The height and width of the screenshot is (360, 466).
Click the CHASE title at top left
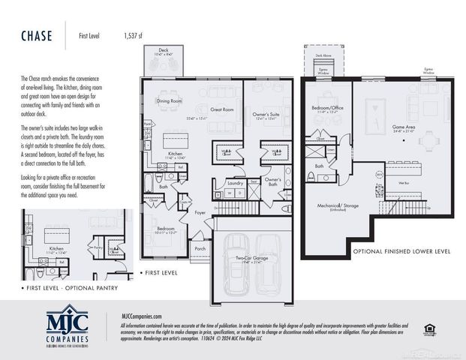pyautogui.click(x=35, y=34)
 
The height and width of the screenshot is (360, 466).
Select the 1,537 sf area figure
pyautogui.click(x=134, y=34)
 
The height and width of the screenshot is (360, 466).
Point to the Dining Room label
pyautogui.click(x=170, y=100)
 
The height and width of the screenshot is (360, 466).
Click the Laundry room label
pyautogui.click(x=234, y=182)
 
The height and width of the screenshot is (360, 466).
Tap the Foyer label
pyautogui.click(x=200, y=212)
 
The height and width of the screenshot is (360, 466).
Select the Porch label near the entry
pyautogui.click(x=200, y=248)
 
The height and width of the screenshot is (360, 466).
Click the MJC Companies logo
pyautogui.click(x=68, y=323)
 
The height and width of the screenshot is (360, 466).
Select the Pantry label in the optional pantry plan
pyautogui.click(x=97, y=245)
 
